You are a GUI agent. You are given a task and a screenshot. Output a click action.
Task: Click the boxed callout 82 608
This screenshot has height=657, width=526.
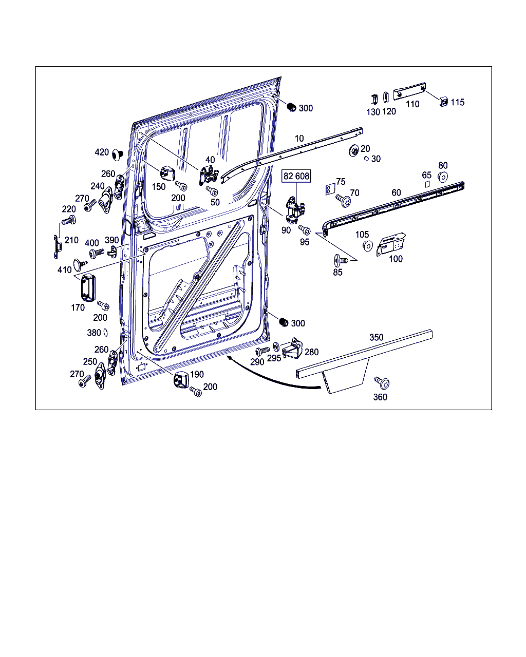click(x=296, y=176)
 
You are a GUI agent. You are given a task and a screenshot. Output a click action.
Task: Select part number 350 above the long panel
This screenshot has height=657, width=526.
click(x=377, y=337)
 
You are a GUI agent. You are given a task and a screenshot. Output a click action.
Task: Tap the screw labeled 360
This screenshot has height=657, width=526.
click(x=382, y=382)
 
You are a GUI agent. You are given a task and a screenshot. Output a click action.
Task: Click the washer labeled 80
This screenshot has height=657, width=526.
click(x=442, y=177)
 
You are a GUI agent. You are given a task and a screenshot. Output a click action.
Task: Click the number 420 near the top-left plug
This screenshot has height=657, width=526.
click(x=102, y=152)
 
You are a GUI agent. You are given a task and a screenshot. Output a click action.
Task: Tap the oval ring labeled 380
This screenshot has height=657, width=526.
click(x=105, y=333)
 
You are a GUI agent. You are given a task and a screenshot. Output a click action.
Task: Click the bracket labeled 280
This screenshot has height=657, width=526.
click(x=292, y=350)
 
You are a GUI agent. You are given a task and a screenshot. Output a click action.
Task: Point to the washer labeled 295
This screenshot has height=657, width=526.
click(x=276, y=346)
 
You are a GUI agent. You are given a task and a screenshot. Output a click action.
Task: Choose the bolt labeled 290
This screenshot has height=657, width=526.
click(x=262, y=351)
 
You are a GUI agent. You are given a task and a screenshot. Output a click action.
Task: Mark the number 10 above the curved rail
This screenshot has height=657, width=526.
click(x=299, y=138)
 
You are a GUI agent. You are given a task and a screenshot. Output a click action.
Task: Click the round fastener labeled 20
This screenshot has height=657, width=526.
click(x=354, y=151)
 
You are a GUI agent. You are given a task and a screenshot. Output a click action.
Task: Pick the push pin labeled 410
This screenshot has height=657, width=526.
click(x=79, y=264)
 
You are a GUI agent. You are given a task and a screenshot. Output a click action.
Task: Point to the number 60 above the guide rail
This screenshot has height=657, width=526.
click(x=396, y=192)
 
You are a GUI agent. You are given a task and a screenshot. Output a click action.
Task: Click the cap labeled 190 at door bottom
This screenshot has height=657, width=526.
click(x=181, y=380)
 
